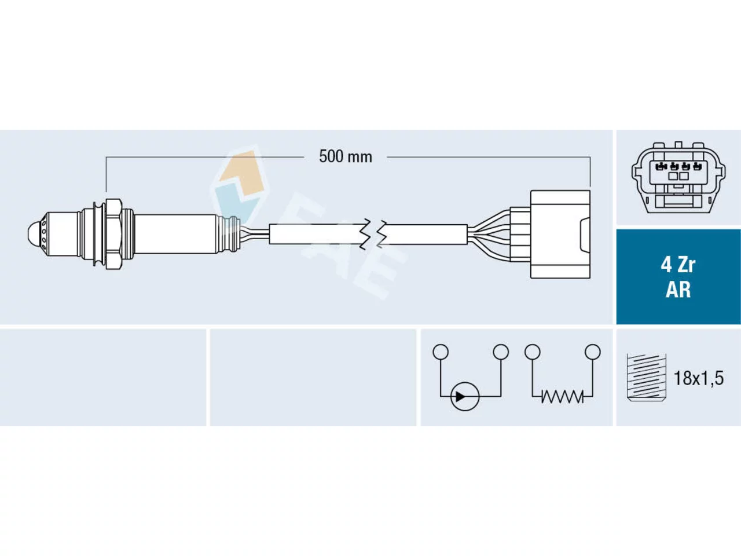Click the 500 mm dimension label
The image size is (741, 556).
pos(346,157)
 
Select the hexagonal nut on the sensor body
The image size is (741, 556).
pos(113,234)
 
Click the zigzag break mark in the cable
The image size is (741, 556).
pos(373,235)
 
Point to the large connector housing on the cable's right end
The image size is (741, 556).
pos(560,235)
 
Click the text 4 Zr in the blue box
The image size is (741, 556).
pos(678,265)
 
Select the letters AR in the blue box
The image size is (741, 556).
pos(678,290)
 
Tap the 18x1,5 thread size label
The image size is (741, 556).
pos(699,378)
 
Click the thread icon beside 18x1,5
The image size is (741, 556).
pos(646,378)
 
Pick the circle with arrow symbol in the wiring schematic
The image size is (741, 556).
pos(465,396)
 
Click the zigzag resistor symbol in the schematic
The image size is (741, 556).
pos(562,396)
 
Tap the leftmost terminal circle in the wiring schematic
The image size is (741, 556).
pos(441,352)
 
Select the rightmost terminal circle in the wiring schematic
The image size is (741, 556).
pos(593,352)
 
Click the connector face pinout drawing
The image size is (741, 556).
pos(678,177)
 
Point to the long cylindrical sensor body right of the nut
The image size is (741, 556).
pos(175,234)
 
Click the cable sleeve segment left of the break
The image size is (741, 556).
pos(316,234)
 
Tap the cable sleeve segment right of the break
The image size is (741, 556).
pos(426,234)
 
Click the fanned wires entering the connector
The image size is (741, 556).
pos(489,235)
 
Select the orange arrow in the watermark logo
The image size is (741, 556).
pos(241,173)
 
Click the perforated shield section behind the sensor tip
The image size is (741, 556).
pos(45,234)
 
